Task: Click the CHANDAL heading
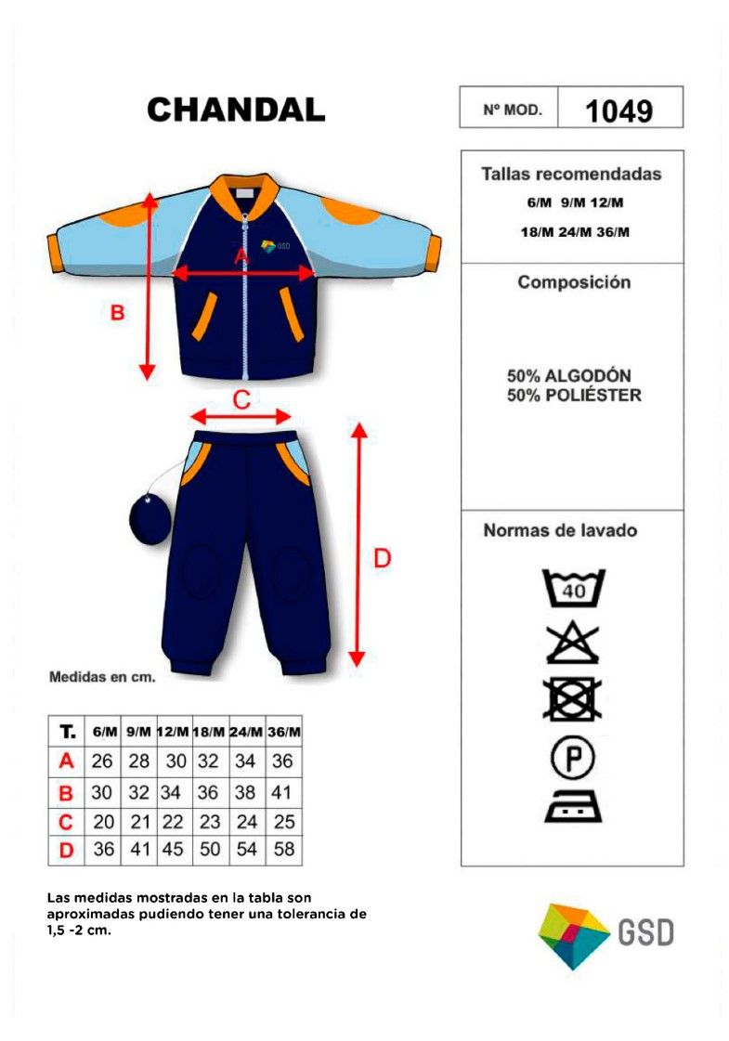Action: (236, 110)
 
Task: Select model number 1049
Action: (618, 111)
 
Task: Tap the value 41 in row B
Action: (281, 792)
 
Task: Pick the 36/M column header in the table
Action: (284, 732)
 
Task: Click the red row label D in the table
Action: (66, 850)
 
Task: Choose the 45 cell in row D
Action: (173, 849)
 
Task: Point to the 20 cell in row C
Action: (104, 821)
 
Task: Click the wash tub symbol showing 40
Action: (574, 588)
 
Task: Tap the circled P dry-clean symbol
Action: (572, 758)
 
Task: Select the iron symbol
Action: (573, 805)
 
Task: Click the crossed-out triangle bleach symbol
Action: (572, 644)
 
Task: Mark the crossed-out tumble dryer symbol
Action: (572, 699)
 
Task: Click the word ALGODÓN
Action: (588, 375)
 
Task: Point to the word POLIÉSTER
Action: (593, 395)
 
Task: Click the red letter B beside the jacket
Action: (117, 312)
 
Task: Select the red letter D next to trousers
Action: (383, 558)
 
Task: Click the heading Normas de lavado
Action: (560, 530)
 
